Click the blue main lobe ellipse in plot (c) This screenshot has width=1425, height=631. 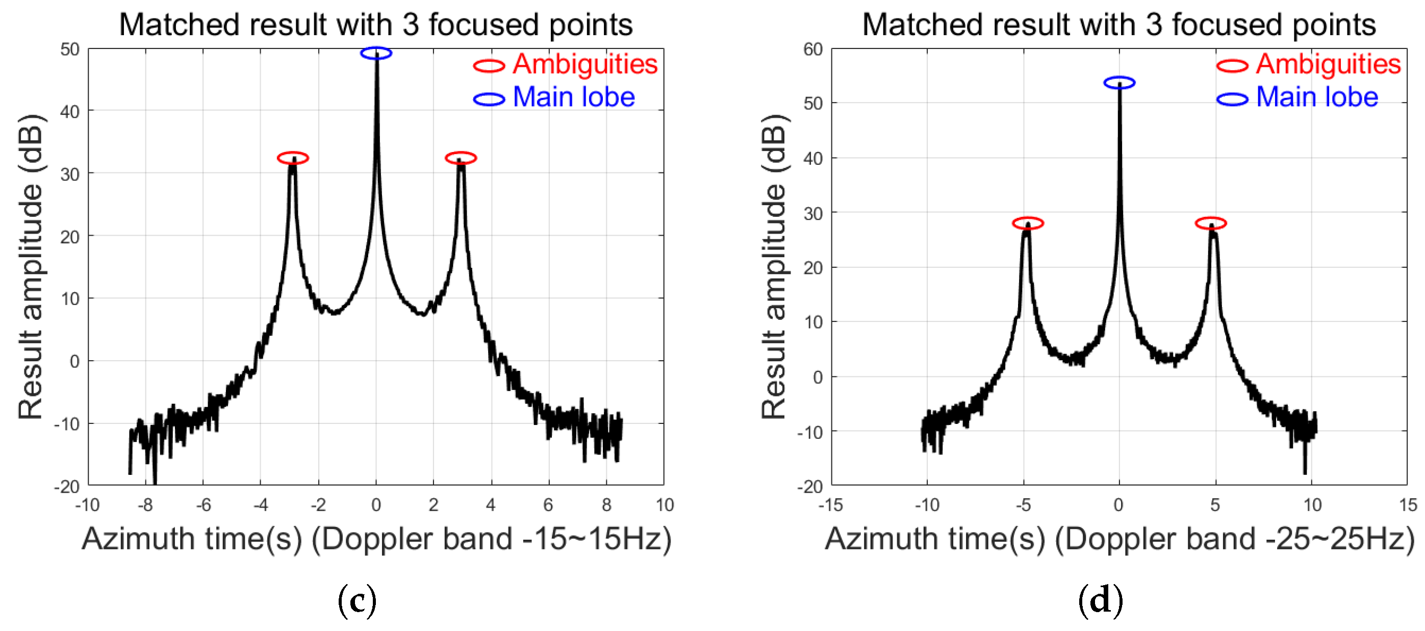click(376, 53)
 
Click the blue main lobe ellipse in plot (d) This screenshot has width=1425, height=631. click(1119, 83)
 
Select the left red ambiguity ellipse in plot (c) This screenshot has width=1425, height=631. click(293, 158)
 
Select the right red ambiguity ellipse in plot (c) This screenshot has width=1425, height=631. click(460, 158)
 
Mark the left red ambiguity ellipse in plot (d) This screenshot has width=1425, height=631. click(1028, 223)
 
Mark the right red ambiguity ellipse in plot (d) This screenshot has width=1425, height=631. click(1211, 223)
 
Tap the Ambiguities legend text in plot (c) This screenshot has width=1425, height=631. click(584, 64)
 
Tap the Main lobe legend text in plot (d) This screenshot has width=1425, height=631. click(1316, 97)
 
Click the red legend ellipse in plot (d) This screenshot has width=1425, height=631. click(1232, 66)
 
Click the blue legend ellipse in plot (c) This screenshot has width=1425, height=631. click(489, 99)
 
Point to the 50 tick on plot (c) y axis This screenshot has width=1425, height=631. click(70, 49)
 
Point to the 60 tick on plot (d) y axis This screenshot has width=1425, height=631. click(813, 49)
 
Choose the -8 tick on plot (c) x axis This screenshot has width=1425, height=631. click(145, 505)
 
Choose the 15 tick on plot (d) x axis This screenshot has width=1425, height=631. click(1408, 505)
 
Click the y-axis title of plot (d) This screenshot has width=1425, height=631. click(773, 266)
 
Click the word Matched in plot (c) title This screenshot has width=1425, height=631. click(180, 25)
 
